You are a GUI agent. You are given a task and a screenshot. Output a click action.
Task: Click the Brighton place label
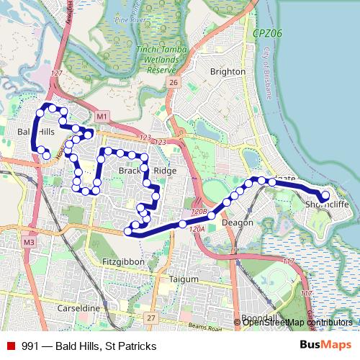click(228, 71)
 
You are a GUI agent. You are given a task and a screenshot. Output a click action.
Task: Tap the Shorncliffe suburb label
click(327, 204)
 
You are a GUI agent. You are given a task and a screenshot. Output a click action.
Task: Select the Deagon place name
click(238, 222)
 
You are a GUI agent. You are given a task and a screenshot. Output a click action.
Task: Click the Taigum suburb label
click(183, 279)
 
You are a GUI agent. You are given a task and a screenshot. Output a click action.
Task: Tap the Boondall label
click(259, 318)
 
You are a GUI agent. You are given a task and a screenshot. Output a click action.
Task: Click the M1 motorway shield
click(102, 116)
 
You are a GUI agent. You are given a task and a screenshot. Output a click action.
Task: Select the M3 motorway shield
click(28, 243)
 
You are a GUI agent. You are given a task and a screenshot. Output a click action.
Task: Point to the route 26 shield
click(173, 84)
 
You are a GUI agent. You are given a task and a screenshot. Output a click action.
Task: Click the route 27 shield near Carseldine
click(150, 318)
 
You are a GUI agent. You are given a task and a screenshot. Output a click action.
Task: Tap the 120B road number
click(199, 212)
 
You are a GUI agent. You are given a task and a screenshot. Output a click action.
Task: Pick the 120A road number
click(197, 228)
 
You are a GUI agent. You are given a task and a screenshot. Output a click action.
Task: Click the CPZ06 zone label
click(267, 33)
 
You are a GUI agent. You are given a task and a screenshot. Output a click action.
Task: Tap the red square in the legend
click(11, 346)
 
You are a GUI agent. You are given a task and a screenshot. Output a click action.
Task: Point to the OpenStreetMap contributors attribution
click(297, 323)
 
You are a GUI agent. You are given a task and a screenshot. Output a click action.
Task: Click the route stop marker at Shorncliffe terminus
click(325, 194)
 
